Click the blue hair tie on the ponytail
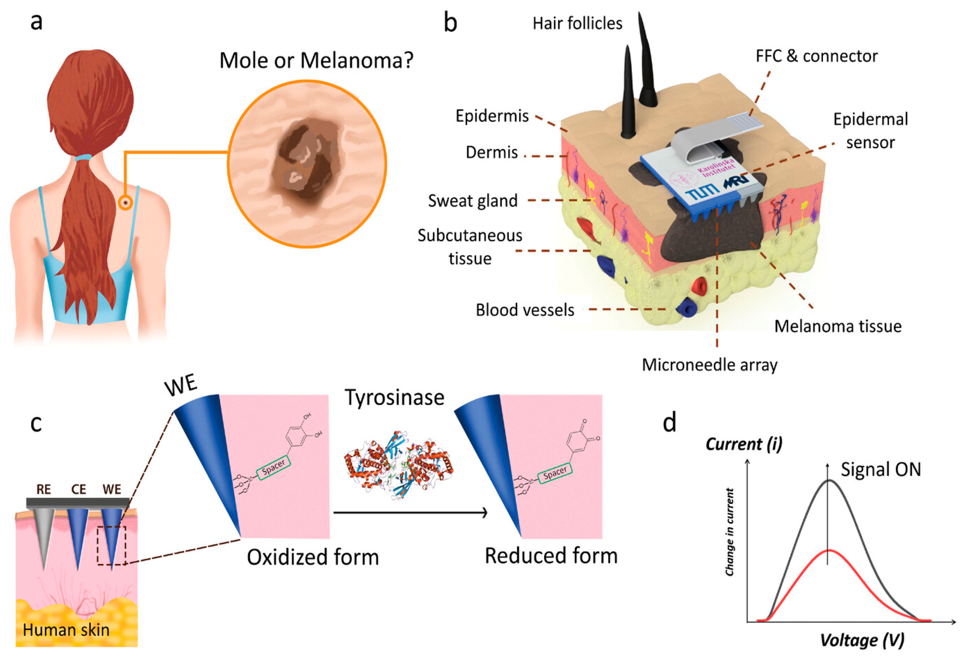83,158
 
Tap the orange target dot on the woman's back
125,203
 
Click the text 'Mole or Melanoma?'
316,61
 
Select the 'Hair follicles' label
577,24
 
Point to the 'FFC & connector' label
816,56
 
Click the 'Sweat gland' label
473,201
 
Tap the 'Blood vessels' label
525,310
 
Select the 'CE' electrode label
79,489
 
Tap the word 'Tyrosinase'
394,398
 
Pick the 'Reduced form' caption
551,556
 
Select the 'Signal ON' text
881,469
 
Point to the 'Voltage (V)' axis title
862,640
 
